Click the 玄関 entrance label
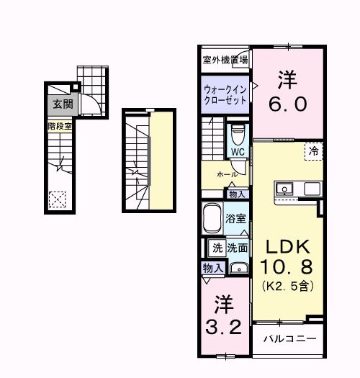click(x=60, y=104)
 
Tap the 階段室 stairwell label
click(x=60, y=126)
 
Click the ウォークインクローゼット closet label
click(x=225, y=95)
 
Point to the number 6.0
click(x=288, y=103)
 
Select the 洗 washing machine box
click(x=217, y=247)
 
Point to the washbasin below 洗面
click(x=238, y=269)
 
